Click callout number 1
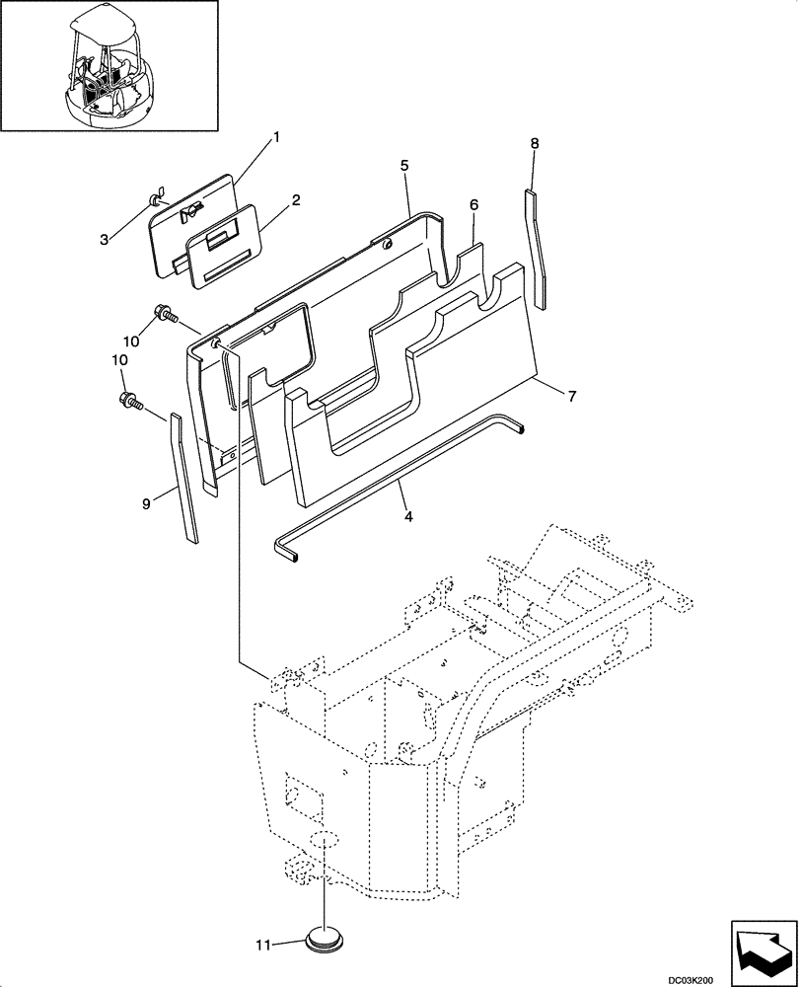point(276,137)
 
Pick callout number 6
point(473,204)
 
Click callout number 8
point(535,144)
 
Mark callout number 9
point(146,504)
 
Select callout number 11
point(261,946)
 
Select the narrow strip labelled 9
point(182,479)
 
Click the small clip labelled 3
point(156,201)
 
